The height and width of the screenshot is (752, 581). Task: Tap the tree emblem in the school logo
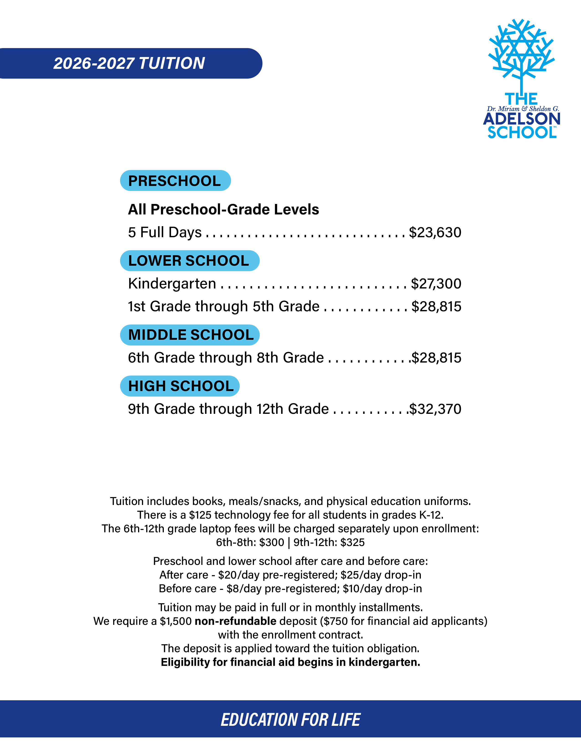point(522,52)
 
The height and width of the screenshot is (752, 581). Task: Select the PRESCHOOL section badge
point(175,181)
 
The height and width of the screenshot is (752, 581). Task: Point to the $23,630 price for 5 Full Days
point(435,232)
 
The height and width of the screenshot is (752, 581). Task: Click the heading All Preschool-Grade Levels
point(223,209)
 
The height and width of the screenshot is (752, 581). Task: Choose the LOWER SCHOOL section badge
point(189,261)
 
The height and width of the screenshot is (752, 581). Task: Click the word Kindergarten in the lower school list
point(172,284)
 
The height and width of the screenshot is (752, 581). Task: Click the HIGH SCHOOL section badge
point(180,386)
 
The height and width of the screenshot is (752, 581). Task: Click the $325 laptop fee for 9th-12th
point(352,542)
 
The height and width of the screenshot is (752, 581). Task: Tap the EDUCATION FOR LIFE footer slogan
point(290,720)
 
